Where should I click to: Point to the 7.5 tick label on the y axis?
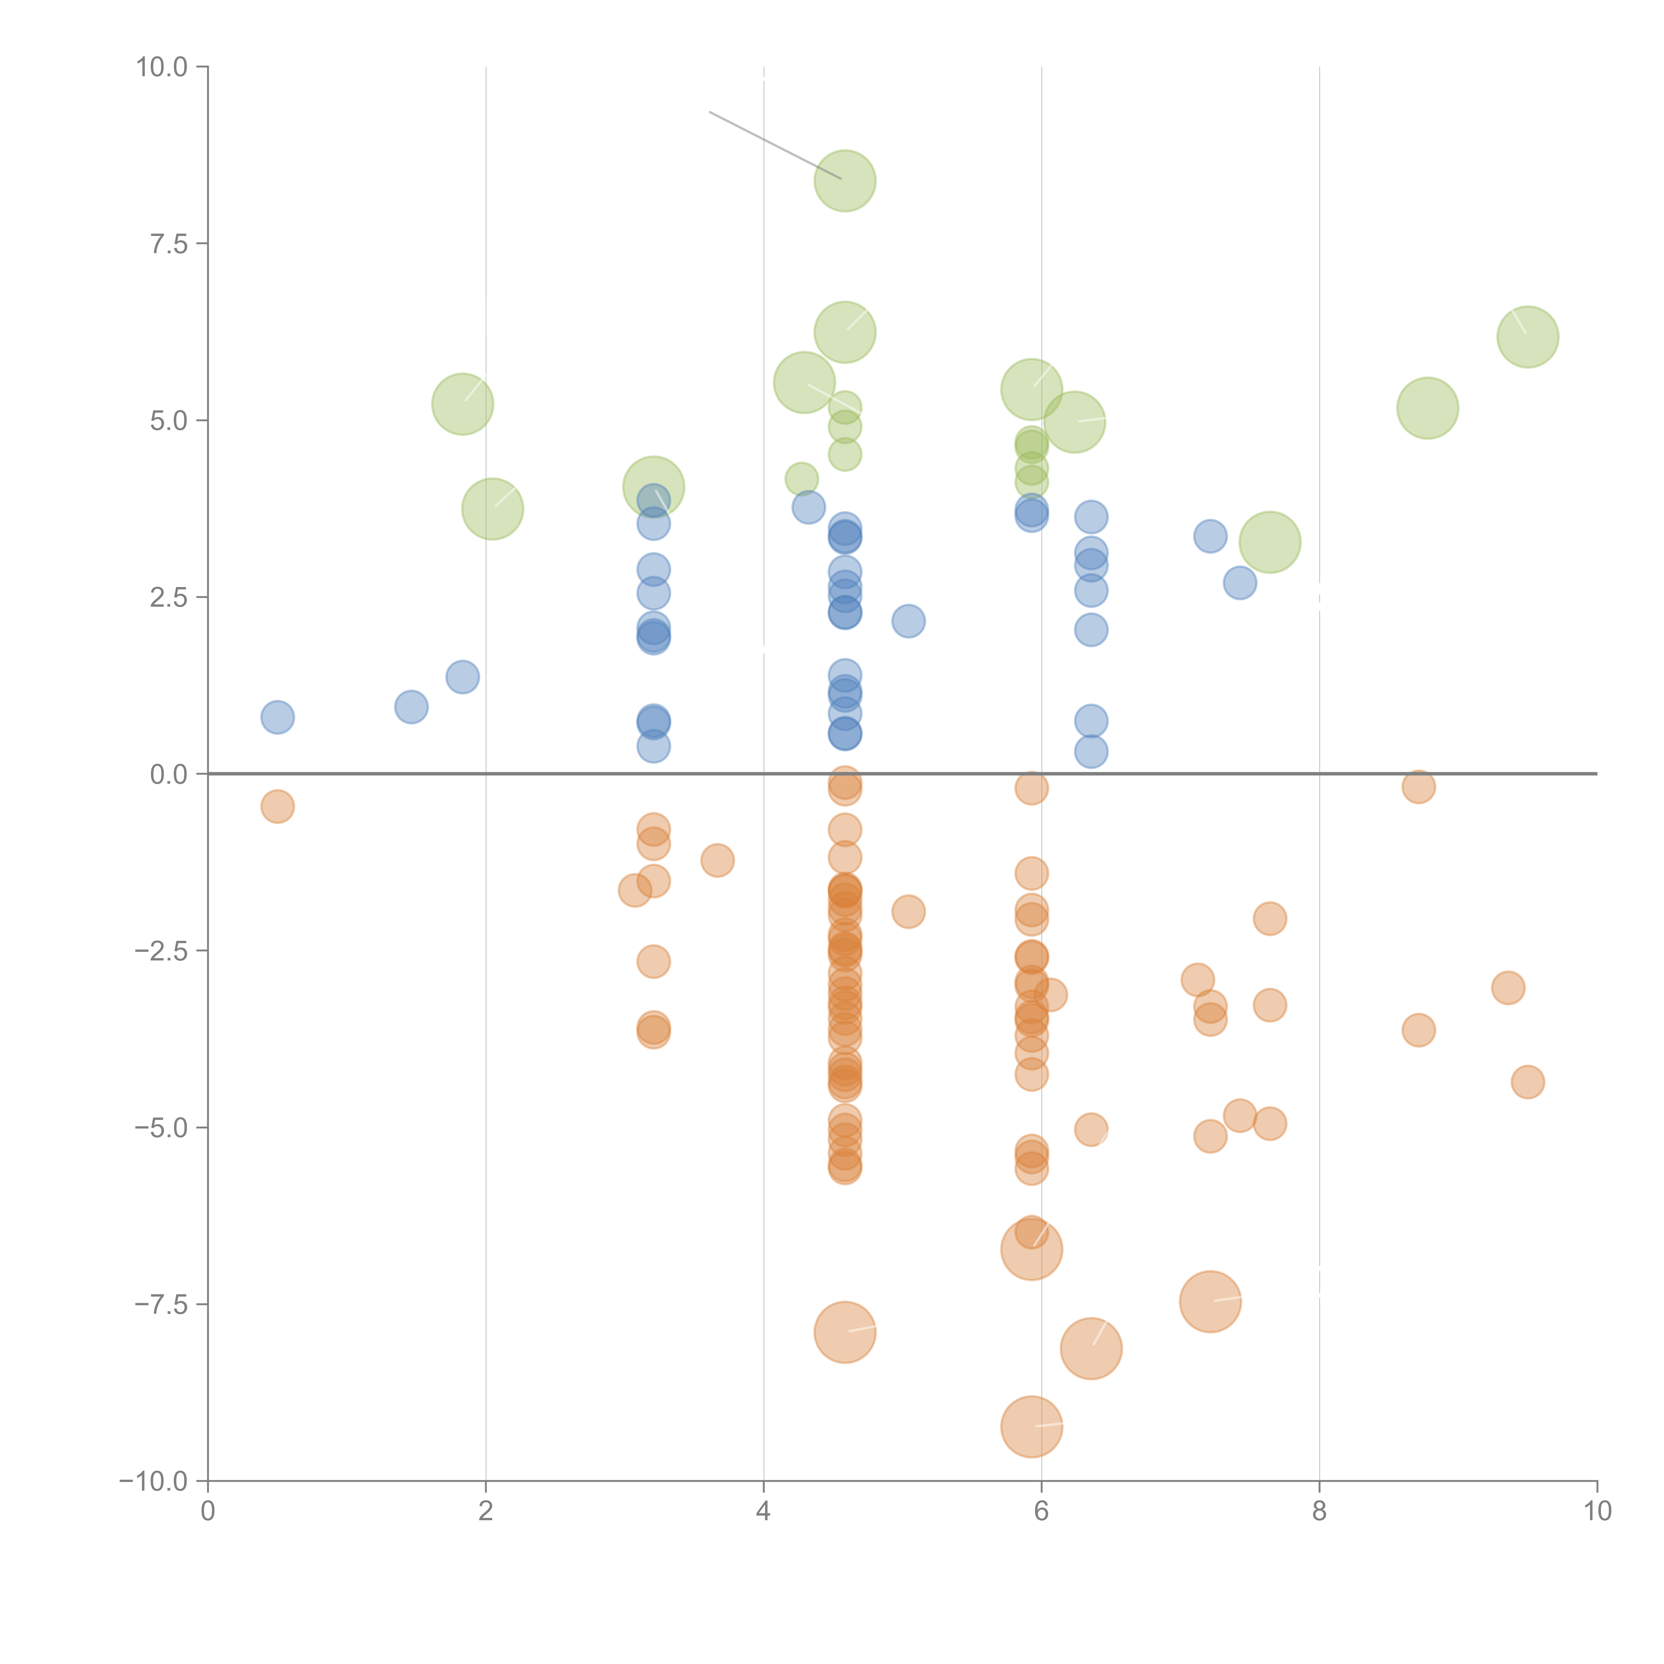coord(169,244)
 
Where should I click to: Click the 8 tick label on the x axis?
coord(1320,1512)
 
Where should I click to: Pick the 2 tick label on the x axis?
coord(486,1512)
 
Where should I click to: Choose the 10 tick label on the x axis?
coord(1597,1512)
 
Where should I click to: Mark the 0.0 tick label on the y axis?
coord(169,774)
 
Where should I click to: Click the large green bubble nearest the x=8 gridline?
coord(1270,542)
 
